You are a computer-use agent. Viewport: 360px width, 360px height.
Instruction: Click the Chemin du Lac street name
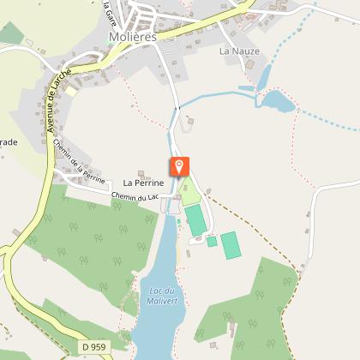(136, 199)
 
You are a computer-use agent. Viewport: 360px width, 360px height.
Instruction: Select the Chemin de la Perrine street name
(78, 163)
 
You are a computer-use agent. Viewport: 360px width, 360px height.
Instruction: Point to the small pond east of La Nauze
(278, 101)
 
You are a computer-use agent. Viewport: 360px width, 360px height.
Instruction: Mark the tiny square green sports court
(212, 242)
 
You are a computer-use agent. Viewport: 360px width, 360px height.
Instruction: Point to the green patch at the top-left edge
(10, 33)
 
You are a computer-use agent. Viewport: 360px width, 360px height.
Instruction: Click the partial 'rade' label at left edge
(7, 141)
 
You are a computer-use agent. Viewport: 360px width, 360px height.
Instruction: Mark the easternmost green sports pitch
(230, 245)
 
